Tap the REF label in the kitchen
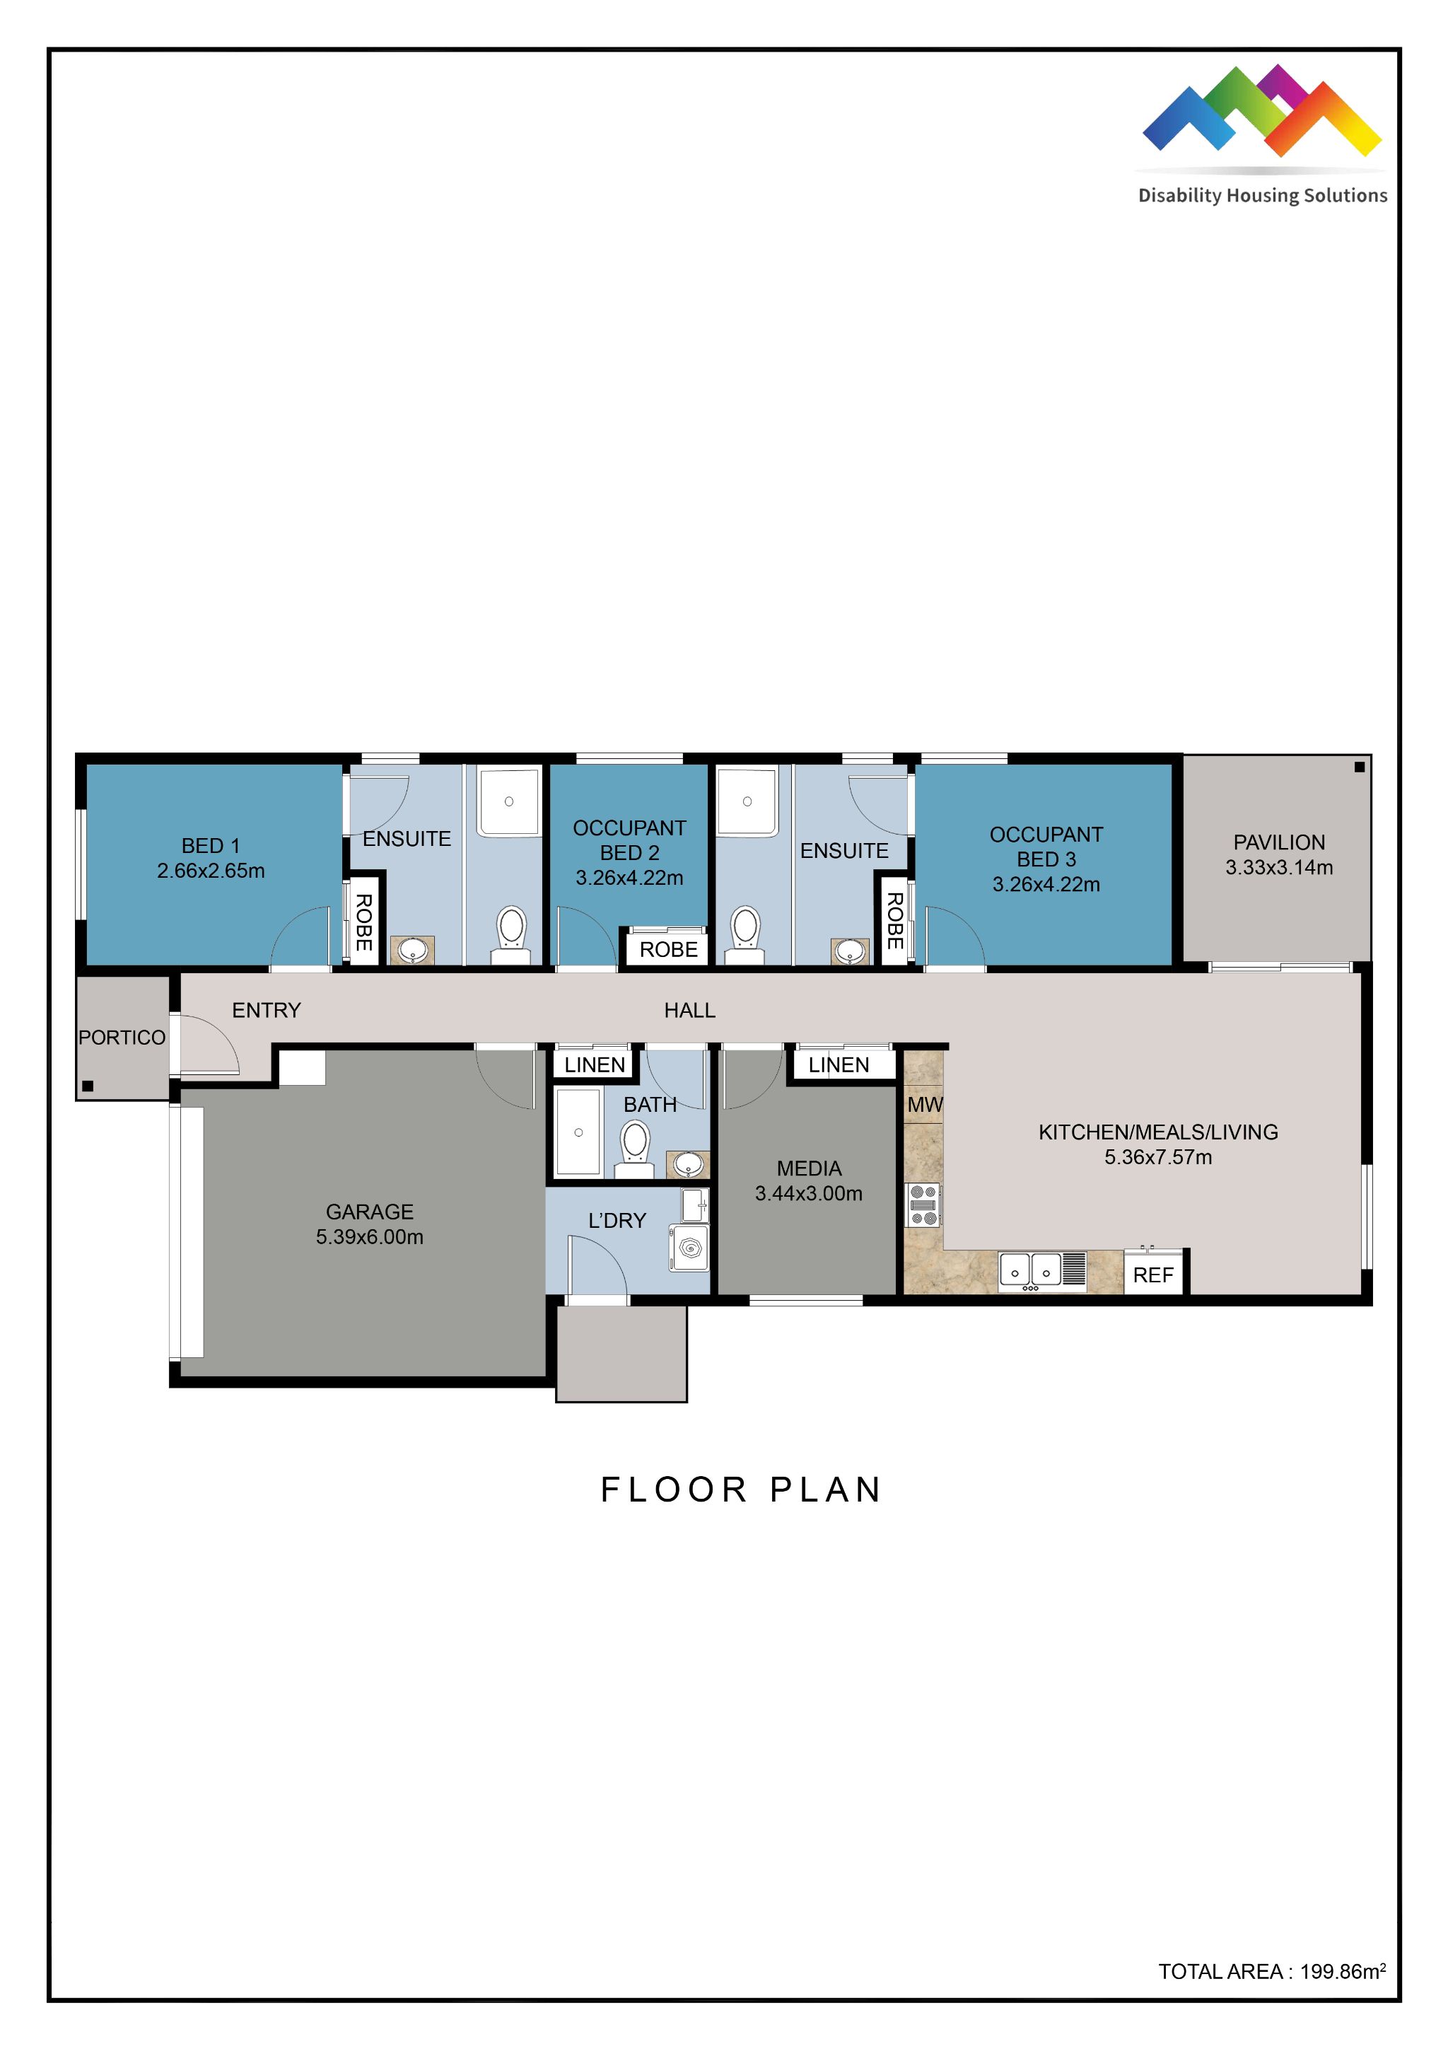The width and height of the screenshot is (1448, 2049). tap(1152, 1275)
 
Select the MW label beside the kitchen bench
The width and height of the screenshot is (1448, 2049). tap(924, 1105)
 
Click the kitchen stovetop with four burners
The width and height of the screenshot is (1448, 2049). tap(923, 1205)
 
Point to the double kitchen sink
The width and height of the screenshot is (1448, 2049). tap(1030, 1271)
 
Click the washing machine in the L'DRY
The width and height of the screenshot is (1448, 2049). tap(689, 1248)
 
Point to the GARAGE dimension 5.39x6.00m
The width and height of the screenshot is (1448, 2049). tap(369, 1237)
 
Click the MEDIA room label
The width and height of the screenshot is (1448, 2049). tap(808, 1168)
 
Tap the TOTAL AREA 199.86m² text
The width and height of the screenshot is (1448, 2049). tap(1271, 1971)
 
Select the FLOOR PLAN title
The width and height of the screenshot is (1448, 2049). tap(740, 1490)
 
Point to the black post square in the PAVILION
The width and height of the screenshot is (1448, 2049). tap(1359, 767)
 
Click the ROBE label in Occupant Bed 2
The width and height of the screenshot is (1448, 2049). tap(668, 950)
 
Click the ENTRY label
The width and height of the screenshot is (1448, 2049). tap(266, 1010)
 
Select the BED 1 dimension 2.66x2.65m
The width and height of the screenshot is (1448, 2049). tap(211, 871)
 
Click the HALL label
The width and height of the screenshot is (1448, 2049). tap(689, 1010)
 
